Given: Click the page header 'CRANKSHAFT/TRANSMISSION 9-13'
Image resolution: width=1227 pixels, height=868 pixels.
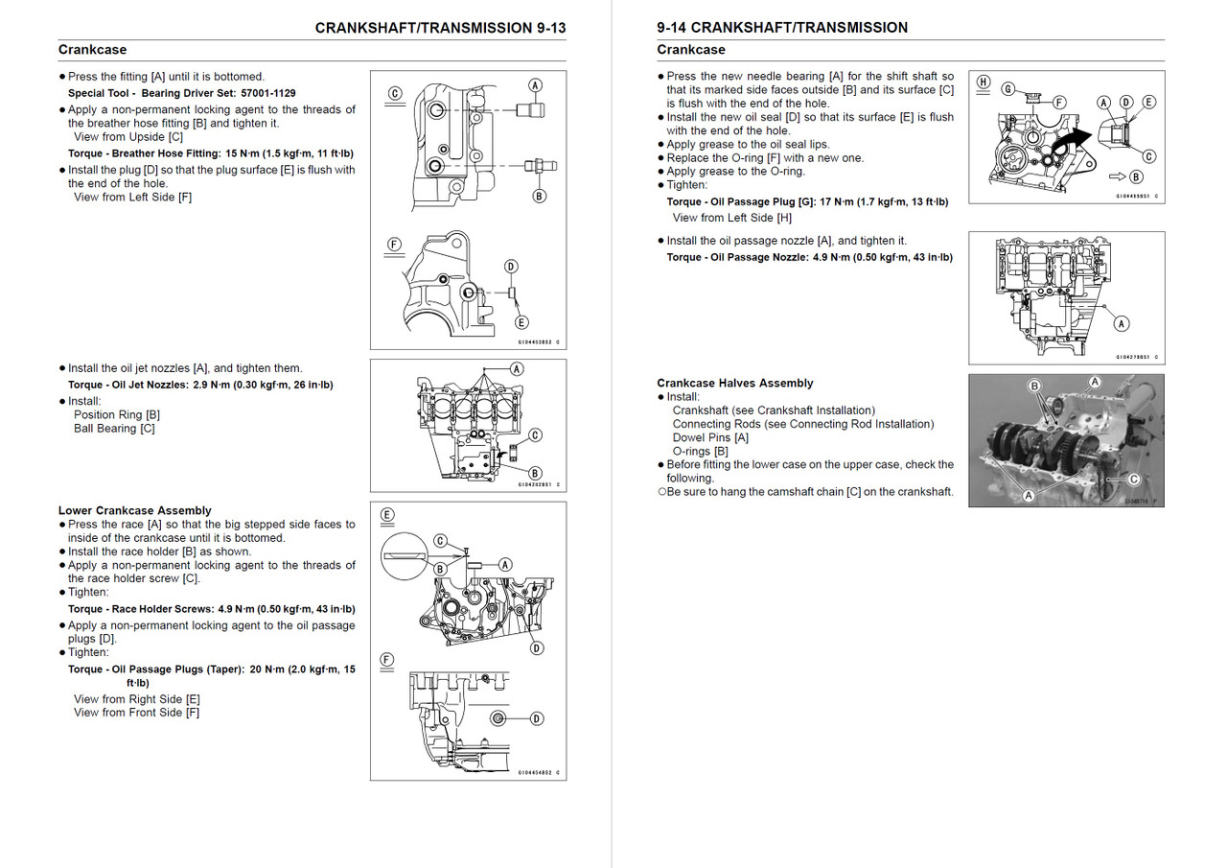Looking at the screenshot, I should point(440,28).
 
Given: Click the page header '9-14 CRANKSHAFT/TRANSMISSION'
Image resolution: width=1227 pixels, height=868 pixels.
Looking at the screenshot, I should point(782,28).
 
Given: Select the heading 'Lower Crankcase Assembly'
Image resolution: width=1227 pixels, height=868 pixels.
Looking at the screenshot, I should point(134,510).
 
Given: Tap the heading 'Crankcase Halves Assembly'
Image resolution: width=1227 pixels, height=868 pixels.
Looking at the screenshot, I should point(734,383).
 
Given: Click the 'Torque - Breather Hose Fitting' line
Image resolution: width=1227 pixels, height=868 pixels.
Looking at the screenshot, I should point(210,153).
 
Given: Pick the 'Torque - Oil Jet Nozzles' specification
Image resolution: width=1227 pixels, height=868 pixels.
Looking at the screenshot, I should point(200,385).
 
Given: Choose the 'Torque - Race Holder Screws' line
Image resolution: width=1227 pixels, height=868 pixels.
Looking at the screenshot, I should point(211,609).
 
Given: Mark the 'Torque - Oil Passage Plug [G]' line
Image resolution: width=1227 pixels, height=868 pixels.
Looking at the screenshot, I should point(807,202).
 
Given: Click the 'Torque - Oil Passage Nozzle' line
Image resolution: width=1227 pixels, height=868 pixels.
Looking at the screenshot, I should point(809,257).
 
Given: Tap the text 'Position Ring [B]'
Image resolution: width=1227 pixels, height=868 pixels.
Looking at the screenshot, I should point(117,414).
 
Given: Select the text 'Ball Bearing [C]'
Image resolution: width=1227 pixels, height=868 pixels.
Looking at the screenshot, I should point(114,428).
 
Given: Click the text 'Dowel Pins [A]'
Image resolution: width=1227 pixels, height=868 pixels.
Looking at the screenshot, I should point(710,437).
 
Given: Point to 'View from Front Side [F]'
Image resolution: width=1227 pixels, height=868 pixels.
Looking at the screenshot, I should point(136,713).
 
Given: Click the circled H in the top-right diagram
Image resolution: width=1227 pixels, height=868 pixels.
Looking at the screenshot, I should point(983,82).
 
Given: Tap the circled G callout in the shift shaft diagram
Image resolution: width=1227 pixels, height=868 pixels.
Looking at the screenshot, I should point(1007,89).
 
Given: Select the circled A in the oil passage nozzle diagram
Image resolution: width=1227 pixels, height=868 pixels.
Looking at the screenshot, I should point(1122,323).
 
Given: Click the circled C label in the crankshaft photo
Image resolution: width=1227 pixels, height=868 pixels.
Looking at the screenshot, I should point(1133,479).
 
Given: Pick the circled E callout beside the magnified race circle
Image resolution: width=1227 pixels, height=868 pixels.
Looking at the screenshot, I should point(387,515).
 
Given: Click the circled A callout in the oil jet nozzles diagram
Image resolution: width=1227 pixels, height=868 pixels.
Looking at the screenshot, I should point(516,369).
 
